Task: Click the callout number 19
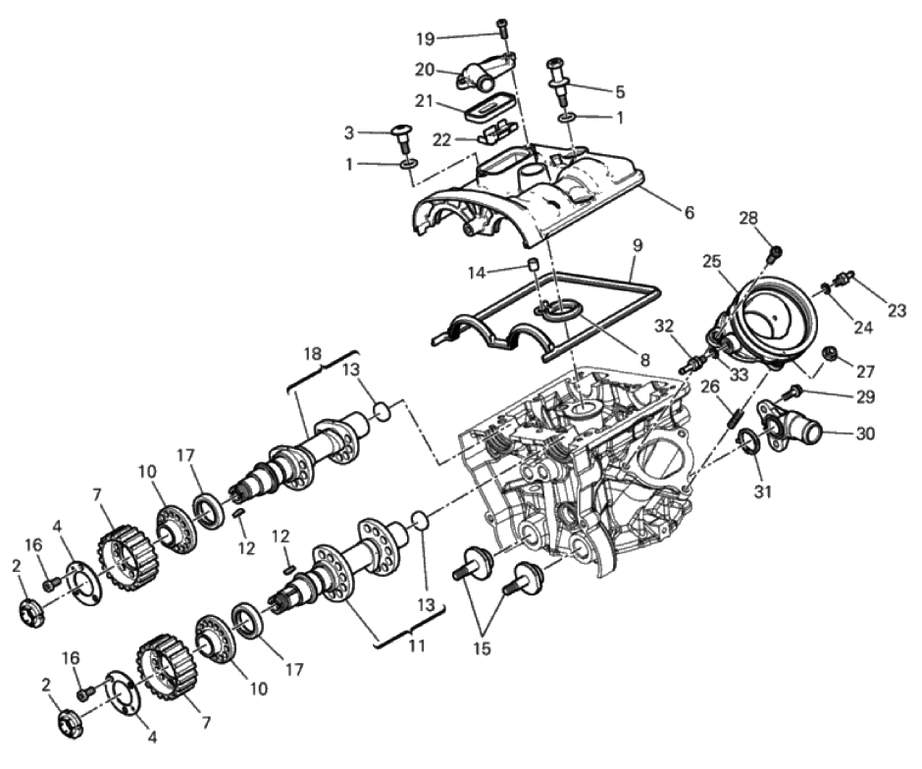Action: point(425,39)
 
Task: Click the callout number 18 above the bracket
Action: point(313,354)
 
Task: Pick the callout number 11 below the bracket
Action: point(416,645)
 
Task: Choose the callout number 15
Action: point(481,648)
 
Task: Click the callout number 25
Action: point(711,261)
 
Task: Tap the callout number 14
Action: point(478,273)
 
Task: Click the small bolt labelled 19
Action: point(501,26)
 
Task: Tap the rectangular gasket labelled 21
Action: point(487,108)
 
